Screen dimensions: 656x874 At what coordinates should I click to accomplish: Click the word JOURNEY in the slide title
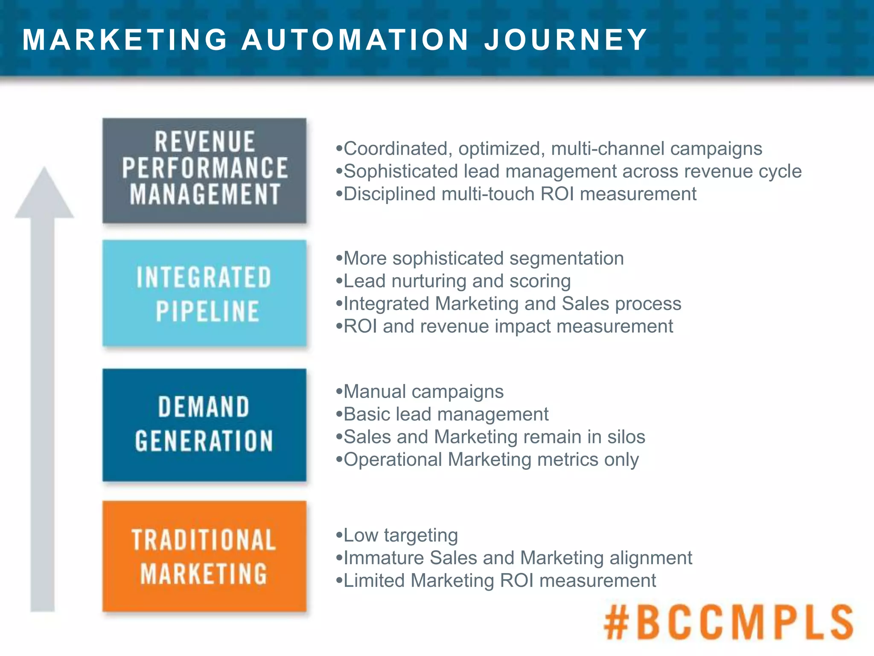565,40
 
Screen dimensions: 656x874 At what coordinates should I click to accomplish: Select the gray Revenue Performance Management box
204,170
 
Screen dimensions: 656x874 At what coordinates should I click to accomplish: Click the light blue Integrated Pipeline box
204,293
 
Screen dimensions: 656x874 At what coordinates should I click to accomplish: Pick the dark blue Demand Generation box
204,425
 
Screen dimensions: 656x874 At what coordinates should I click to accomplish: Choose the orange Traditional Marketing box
204,556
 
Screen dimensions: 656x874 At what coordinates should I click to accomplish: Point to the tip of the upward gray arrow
44,169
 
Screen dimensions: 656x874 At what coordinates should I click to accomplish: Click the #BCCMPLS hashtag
728,622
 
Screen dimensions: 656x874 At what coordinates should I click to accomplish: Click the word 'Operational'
393,460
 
